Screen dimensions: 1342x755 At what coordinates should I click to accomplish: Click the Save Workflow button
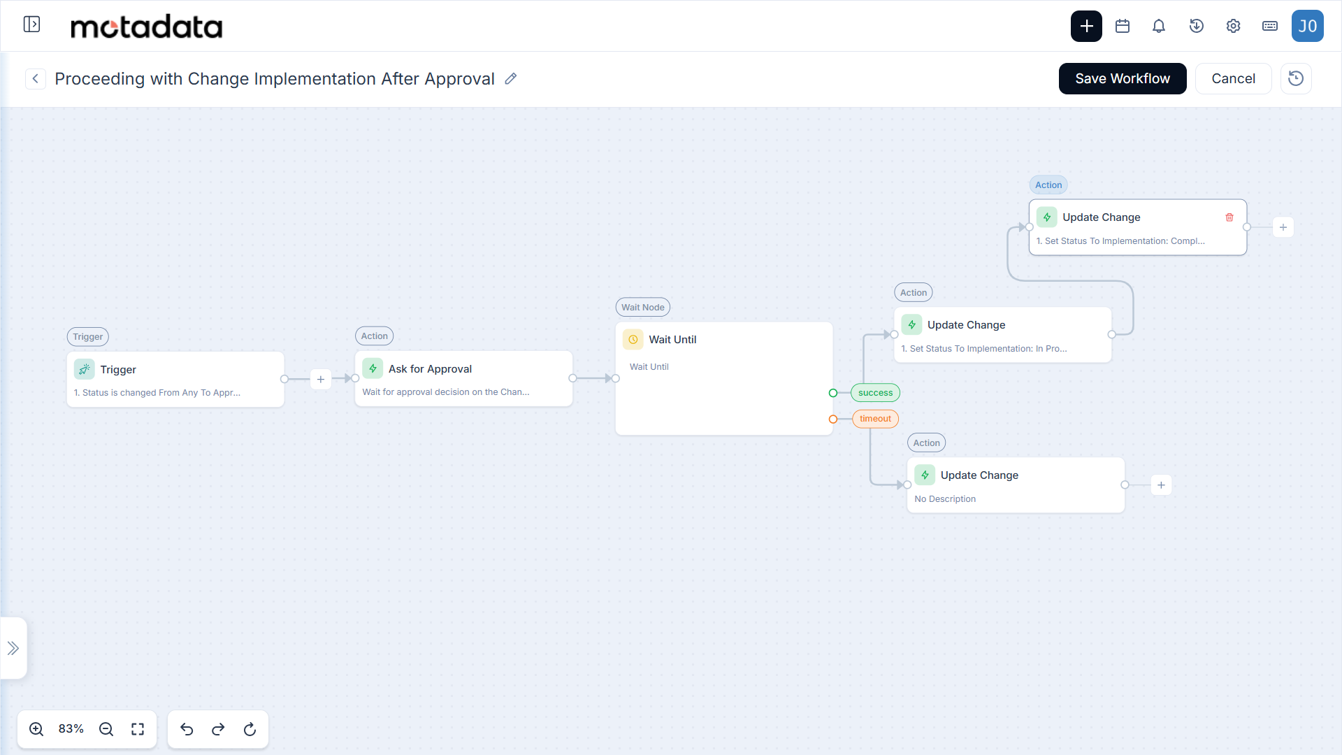pyautogui.click(x=1123, y=78)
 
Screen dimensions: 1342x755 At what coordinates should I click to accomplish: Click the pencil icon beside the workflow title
pyautogui.click(x=511, y=78)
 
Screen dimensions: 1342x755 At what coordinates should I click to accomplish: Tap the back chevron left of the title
pyautogui.click(x=36, y=78)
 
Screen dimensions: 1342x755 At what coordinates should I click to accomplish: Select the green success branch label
pyautogui.click(x=875, y=393)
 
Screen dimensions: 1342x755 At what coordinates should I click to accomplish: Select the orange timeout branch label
pyautogui.click(x=875, y=419)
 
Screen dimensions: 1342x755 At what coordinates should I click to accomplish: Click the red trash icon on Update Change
pyautogui.click(x=1229, y=217)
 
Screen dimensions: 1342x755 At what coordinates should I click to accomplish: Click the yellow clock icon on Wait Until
pyautogui.click(x=633, y=340)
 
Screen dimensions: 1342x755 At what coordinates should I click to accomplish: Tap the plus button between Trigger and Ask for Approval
pyautogui.click(x=321, y=379)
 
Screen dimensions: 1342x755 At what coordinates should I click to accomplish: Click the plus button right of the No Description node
pyautogui.click(x=1161, y=485)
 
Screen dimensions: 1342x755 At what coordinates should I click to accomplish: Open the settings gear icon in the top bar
pyautogui.click(x=1233, y=26)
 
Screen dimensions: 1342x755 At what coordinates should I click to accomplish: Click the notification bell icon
pyautogui.click(x=1159, y=26)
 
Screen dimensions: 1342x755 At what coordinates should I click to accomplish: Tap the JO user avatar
pyautogui.click(x=1308, y=26)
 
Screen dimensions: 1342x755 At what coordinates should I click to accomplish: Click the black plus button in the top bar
pyautogui.click(x=1086, y=26)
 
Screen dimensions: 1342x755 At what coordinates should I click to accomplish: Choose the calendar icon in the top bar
pyautogui.click(x=1123, y=26)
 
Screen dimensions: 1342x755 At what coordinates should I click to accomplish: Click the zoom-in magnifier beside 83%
pyautogui.click(x=36, y=729)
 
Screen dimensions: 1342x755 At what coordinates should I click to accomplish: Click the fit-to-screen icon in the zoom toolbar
pyautogui.click(x=138, y=729)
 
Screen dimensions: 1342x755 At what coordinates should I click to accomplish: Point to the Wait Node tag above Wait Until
pyautogui.click(x=643, y=307)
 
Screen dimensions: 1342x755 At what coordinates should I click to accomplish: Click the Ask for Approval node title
pyautogui.click(x=430, y=368)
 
